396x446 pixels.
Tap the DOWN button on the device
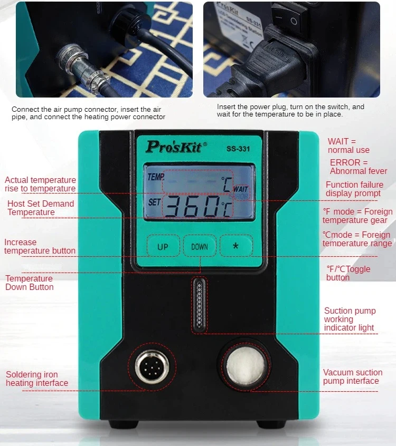(x=200, y=246)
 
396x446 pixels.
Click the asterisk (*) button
(x=235, y=246)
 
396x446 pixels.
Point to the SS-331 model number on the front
(x=237, y=149)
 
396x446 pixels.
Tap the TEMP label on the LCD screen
(x=155, y=178)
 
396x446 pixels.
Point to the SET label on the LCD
(x=154, y=202)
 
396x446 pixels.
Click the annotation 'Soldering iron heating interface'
(x=37, y=379)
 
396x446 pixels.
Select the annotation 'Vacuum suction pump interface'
(x=351, y=376)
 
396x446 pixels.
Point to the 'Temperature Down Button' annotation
(x=30, y=283)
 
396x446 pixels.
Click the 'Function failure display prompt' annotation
(x=354, y=189)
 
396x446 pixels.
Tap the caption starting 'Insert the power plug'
(x=290, y=110)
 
